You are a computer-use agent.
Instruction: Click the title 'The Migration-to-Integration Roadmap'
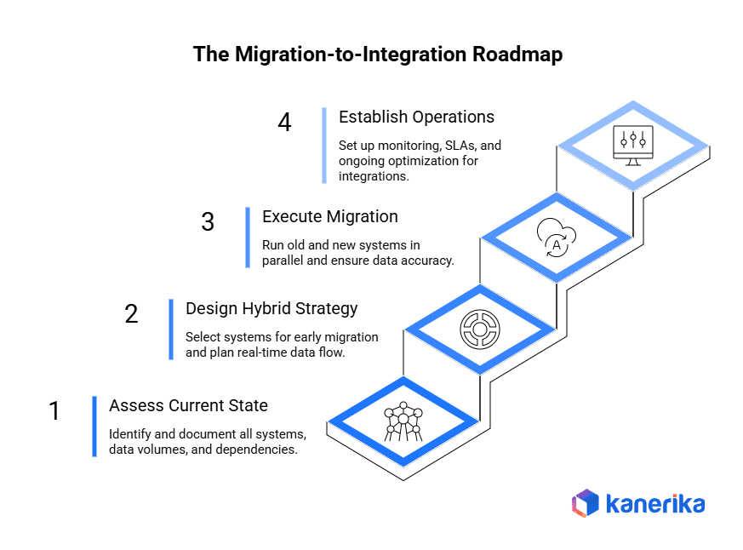(371, 54)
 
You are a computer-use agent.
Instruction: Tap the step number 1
(54, 411)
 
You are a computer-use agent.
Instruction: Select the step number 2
(131, 314)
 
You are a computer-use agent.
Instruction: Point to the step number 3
(208, 222)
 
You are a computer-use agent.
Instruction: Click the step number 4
(284, 123)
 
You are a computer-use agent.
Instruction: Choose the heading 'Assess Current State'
(188, 405)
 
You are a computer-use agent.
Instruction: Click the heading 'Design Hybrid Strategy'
(271, 308)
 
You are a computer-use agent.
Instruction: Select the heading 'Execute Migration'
(329, 216)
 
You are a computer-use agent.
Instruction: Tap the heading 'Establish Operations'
(416, 117)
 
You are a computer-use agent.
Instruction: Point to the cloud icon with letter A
(557, 238)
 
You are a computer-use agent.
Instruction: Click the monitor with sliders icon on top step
(633, 142)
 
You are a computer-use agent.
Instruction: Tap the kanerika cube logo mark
(586, 503)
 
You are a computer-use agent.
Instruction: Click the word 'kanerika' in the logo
(654, 504)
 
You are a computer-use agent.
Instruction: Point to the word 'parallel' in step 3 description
(284, 261)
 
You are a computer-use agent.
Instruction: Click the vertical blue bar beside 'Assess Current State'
(94, 427)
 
